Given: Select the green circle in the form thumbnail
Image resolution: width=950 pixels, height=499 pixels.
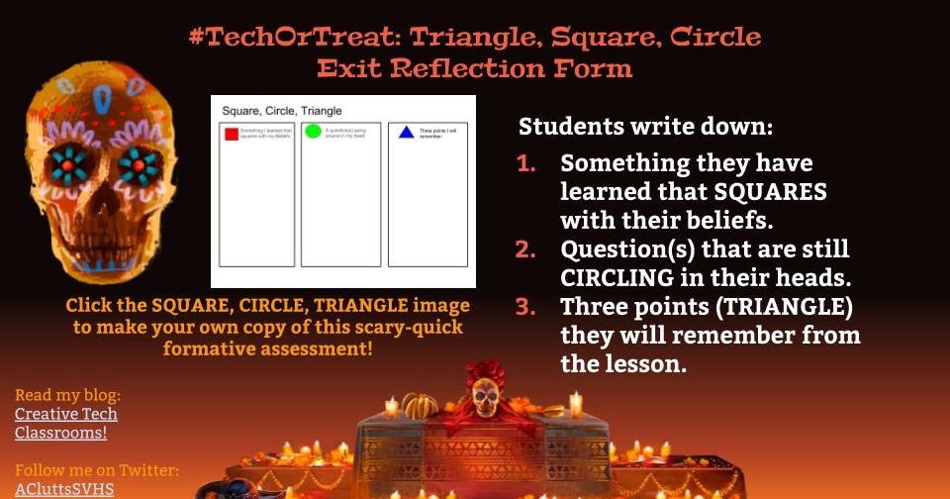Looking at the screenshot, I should coord(314,131).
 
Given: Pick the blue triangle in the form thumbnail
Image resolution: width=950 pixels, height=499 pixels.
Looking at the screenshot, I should coord(406,132).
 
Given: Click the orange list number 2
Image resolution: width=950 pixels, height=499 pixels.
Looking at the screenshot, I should coord(526,249).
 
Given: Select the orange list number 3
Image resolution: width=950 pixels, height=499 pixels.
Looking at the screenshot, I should coord(526,307).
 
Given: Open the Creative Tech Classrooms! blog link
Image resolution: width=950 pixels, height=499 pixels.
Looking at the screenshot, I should coord(65,423).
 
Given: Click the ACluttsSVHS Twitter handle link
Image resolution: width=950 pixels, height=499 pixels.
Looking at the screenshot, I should coord(64,489).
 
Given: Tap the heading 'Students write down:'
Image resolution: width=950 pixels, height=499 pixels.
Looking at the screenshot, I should coord(646,128).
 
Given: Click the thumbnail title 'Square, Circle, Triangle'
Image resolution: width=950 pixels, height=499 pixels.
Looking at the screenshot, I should coord(282,110).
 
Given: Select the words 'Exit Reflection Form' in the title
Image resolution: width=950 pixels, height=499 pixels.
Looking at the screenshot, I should coord(474,68).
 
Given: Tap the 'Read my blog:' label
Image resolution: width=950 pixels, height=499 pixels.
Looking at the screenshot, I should coord(67,395).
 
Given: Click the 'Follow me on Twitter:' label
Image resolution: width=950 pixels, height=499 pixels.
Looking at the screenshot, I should coord(97,470).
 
